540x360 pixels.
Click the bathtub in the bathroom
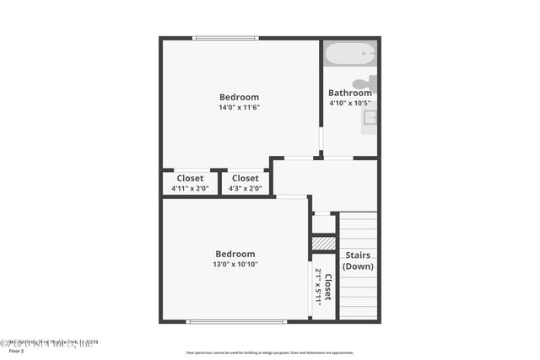click(x=350, y=56)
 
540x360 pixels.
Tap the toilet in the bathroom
click(x=364, y=83)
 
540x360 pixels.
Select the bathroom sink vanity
click(x=370, y=119)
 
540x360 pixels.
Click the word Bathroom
click(x=349, y=93)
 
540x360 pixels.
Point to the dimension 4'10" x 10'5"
click(x=349, y=103)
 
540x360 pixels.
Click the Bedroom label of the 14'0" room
click(x=239, y=97)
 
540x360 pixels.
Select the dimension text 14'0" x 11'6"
click(x=239, y=107)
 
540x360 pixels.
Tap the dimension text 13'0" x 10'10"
click(x=235, y=264)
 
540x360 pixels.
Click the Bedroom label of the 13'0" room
click(x=235, y=254)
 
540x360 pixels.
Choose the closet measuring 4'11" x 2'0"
click(x=190, y=183)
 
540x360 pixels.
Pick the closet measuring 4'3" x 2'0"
click(x=245, y=183)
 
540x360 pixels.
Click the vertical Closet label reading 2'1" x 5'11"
click(x=323, y=286)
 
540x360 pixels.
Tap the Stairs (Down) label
click(x=358, y=261)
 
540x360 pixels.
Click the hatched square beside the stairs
click(x=324, y=244)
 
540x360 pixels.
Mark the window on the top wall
click(x=225, y=38)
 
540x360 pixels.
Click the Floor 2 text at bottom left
click(x=16, y=351)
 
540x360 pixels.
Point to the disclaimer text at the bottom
click(x=270, y=353)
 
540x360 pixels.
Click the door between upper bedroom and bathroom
click(x=321, y=138)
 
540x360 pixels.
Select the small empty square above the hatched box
click(x=324, y=223)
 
